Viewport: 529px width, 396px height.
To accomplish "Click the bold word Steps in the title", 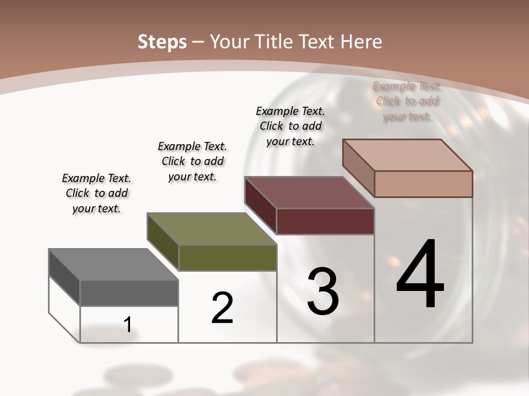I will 162,42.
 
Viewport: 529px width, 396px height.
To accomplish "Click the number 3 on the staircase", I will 323,291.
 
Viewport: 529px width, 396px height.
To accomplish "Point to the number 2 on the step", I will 222,308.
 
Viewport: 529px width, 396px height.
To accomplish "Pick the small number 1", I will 128,324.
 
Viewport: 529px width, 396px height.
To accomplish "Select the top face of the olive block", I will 212,229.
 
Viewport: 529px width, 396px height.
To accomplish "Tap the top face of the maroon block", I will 309,193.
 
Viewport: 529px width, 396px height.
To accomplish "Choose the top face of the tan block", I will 407,155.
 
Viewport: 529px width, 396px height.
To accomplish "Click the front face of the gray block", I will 129,293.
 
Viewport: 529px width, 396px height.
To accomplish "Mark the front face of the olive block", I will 228,257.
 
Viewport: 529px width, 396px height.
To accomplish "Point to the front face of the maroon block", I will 325,221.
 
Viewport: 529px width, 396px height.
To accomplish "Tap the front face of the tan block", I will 423,184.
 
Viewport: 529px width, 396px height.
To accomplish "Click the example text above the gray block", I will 96,193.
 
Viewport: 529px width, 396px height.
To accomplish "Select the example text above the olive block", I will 192,161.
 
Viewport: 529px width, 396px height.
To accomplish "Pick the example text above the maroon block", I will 290,126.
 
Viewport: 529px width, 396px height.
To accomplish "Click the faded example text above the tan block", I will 407,101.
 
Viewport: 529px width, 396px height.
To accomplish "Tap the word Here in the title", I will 363,42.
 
